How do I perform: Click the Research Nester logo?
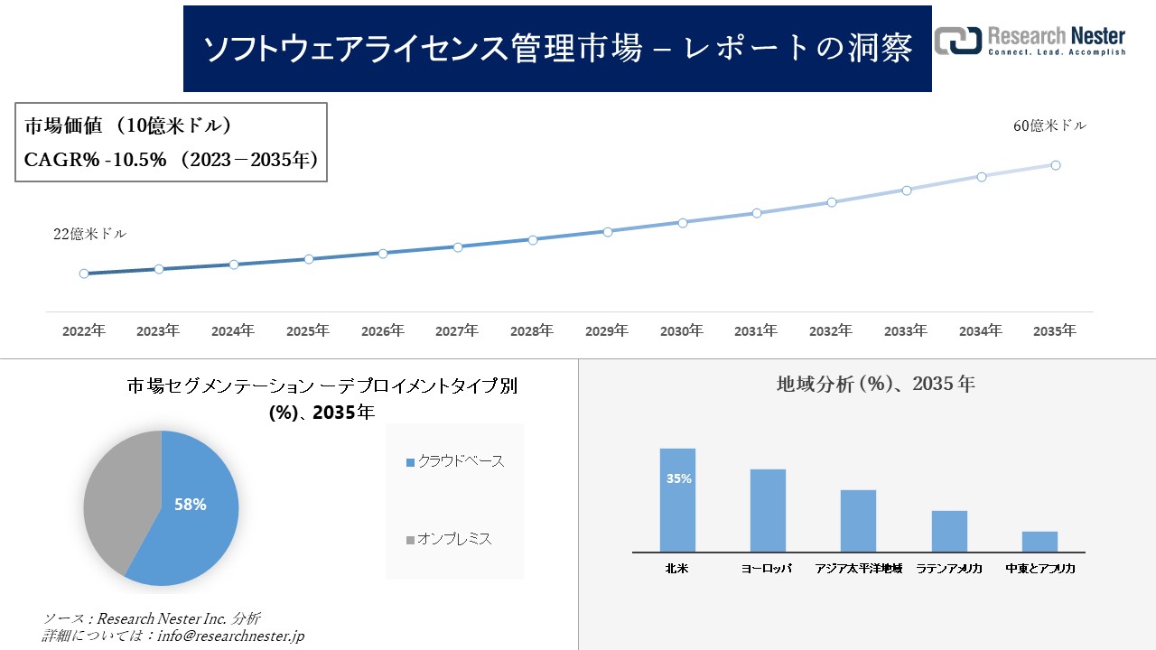[1030, 41]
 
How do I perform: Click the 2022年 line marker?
[84, 274]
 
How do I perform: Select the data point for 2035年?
[1056, 165]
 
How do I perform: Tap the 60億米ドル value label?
[1049, 126]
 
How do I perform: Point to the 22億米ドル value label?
[89, 234]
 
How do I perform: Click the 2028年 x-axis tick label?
[532, 331]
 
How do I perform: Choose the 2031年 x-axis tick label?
[756, 331]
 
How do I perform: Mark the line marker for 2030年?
[682, 222]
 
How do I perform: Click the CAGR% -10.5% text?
[95, 160]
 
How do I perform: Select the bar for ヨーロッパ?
[768, 510]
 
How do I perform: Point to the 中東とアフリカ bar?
[1039, 542]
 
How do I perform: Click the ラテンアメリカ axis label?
[949, 569]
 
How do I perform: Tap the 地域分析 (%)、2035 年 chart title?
[875, 384]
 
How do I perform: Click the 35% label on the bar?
[678, 478]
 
